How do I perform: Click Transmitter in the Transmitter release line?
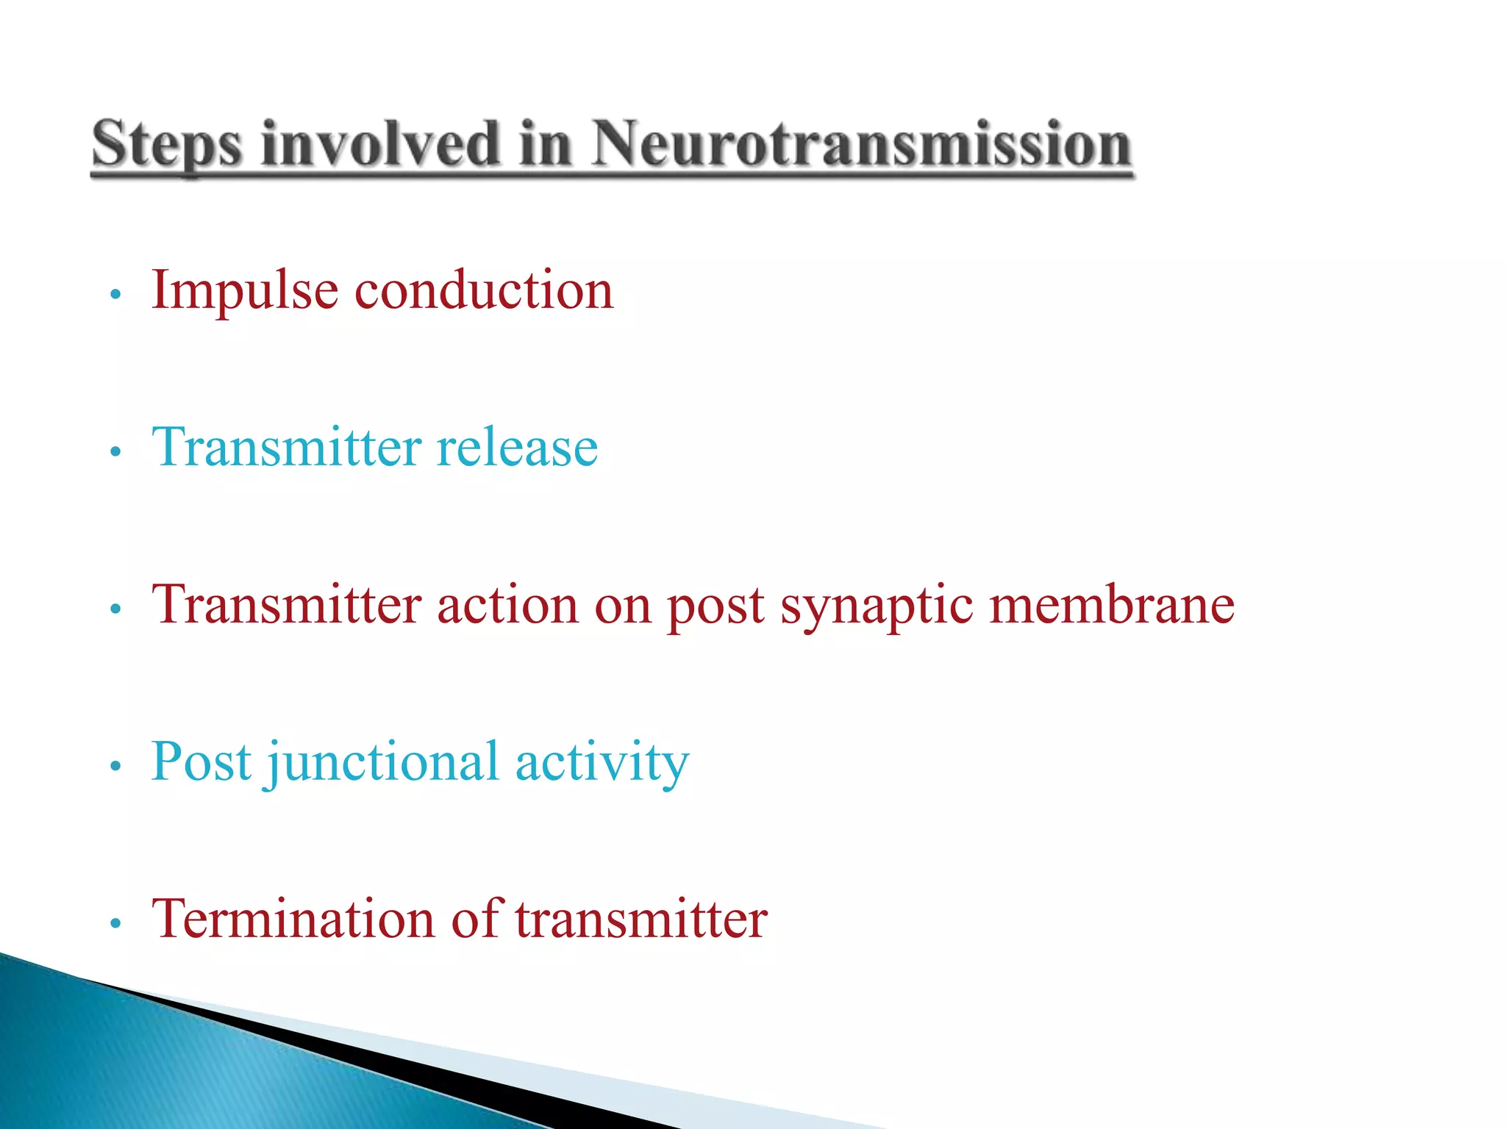(x=286, y=448)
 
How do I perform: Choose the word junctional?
(x=382, y=763)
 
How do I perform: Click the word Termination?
(x=293, y=920)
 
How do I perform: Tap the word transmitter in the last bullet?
(x=640, y=920)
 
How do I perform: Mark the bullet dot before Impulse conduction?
(x=114, y=295)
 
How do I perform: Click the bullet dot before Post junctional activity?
(x=114, y=767)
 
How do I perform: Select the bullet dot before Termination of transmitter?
(x=114, y=923)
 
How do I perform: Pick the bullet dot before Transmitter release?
(x=114, y=451)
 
